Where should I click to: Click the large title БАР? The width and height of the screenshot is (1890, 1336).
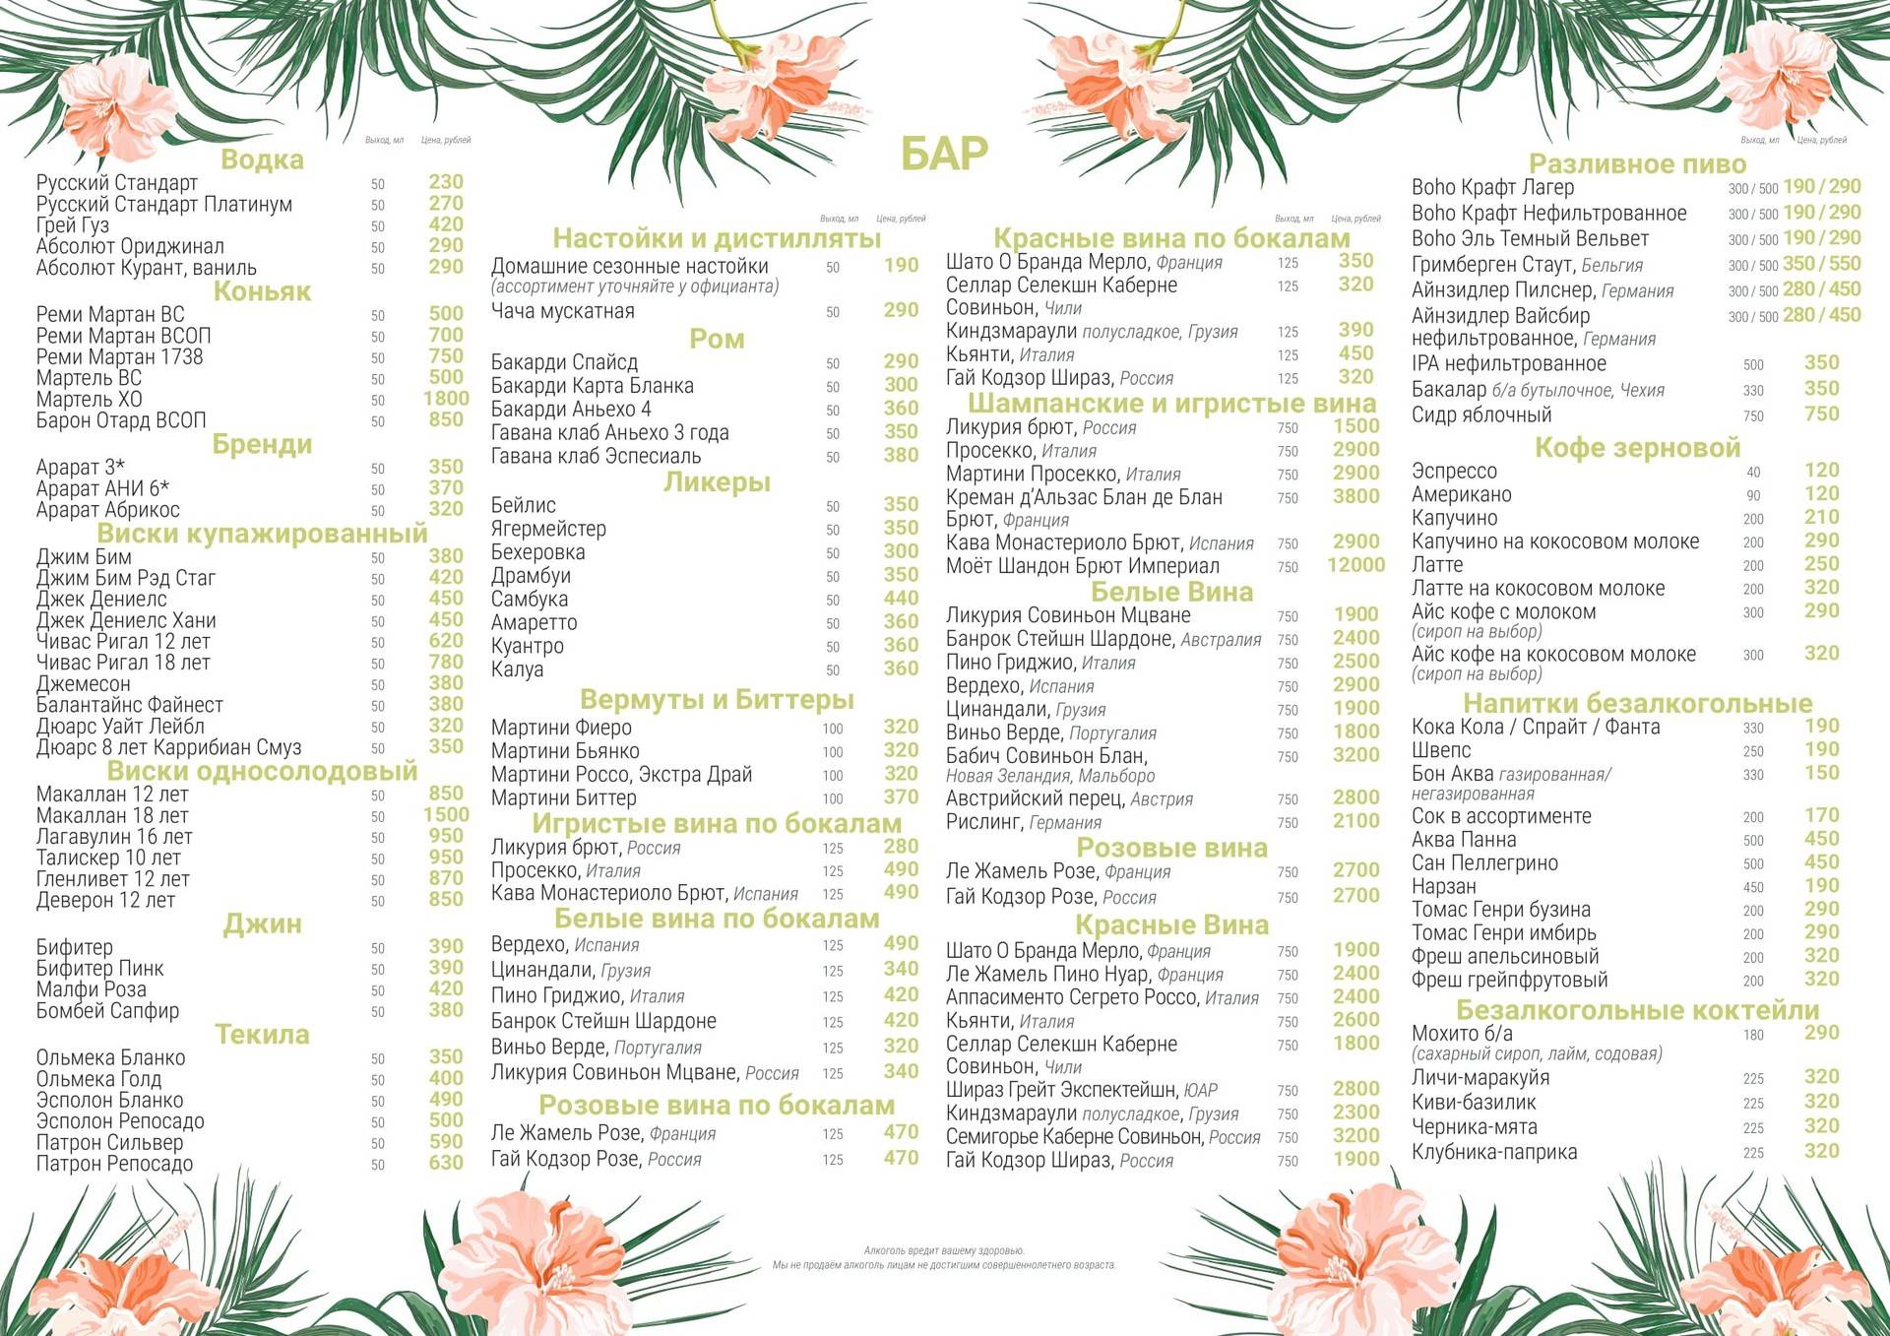point(943,154)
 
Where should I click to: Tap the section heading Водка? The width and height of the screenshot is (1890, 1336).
point(262,159)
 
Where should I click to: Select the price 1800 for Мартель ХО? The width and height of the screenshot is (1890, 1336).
point(446,399)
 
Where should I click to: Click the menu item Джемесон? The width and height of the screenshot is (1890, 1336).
point(84,683)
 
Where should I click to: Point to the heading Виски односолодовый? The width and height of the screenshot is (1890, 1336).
point(262,771)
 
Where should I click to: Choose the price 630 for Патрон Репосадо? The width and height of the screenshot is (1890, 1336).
point(446,1163)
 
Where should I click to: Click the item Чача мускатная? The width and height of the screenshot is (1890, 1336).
point(563,311)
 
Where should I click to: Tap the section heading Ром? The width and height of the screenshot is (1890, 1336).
point(717,340)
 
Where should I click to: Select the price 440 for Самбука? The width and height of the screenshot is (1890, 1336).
point(901,599)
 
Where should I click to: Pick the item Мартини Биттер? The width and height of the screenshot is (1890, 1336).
point(564,797)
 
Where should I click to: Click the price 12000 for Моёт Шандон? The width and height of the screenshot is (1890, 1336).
point(1355,565)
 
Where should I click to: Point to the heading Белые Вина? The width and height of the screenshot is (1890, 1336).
point(1171,592)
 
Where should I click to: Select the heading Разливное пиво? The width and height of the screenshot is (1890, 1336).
point(1637,163)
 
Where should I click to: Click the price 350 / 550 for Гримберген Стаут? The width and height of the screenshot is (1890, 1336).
point(1821,264)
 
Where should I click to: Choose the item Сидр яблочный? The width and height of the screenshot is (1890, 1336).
point(1481,414)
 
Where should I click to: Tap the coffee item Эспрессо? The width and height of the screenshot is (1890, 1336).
point(1454,471)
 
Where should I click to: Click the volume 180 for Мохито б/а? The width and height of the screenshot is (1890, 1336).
point(1753,1035)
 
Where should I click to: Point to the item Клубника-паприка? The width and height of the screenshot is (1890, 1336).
point(1494,1152)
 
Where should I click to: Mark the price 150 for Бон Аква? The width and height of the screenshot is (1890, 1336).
point(1821,773)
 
